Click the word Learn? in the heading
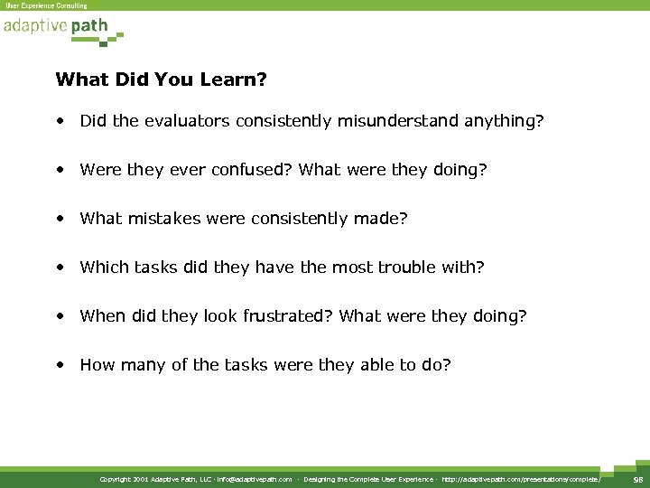click(236, 80)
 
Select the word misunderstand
click(398, 120)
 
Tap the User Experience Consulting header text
click(46, 5)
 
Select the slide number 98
click(637, 479)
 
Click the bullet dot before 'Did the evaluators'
click(59, 121)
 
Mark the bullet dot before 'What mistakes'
click(59, 219)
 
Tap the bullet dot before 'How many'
click(59, 365)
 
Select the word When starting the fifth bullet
click(101, 315)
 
